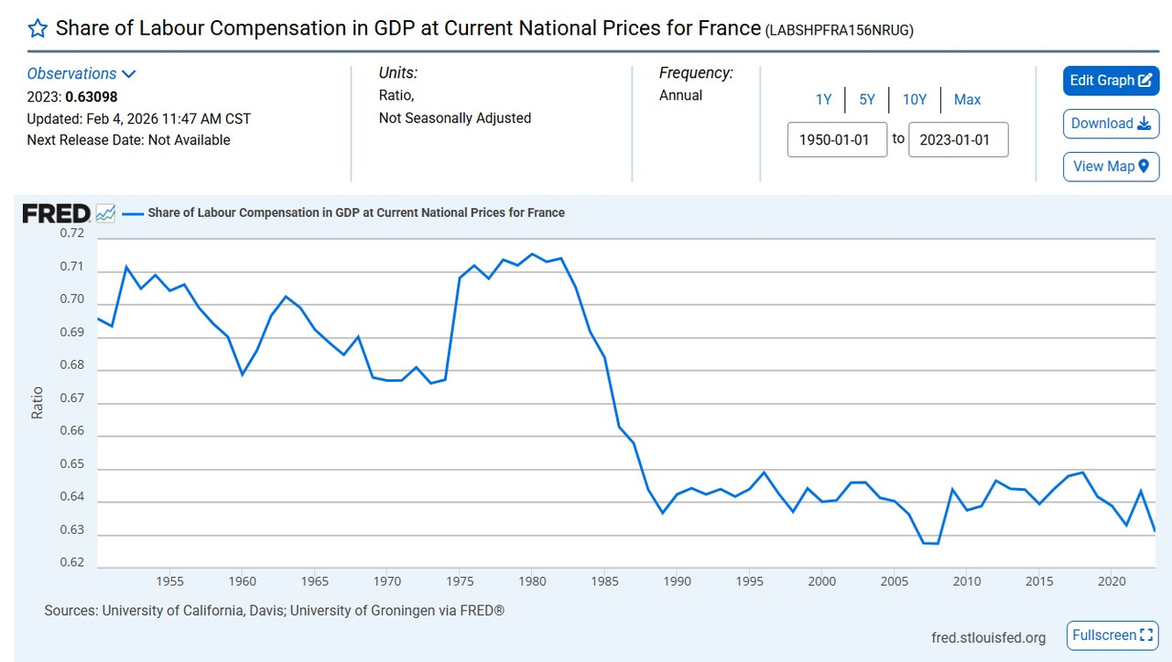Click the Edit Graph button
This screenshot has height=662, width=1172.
[x=1111, y=81]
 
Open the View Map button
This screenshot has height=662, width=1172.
[x=1111, y=167]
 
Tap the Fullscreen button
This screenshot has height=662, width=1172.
[x=1112, y=635]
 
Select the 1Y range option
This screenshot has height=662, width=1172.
[x=823, y=100]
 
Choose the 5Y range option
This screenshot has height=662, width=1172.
[x=867, y=100]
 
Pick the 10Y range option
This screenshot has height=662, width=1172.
[x=914, y=100]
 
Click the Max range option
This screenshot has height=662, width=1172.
[x=967, y=100]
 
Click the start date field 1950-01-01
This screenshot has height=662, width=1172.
[x=837, y=140]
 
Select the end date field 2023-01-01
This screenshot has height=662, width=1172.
[x=958, y=140]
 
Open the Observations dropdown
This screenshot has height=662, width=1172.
[x=81, y=74]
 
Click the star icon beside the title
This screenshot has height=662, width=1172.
[x=38, y=28]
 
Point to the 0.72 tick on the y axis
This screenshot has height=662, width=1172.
[x=72, y=233]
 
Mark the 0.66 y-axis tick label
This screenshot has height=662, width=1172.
[x=72, y=431]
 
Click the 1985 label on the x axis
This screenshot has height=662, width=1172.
[x=604, y=581]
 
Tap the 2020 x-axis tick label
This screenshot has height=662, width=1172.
[x=1112, y=581]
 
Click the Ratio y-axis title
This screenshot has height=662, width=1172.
[x=38, y=403]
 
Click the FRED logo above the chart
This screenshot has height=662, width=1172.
[x=56, y=213]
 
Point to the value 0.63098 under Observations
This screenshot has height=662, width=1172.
[x=91, y=96]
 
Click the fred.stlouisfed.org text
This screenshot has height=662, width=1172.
[x=987, y=638]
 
